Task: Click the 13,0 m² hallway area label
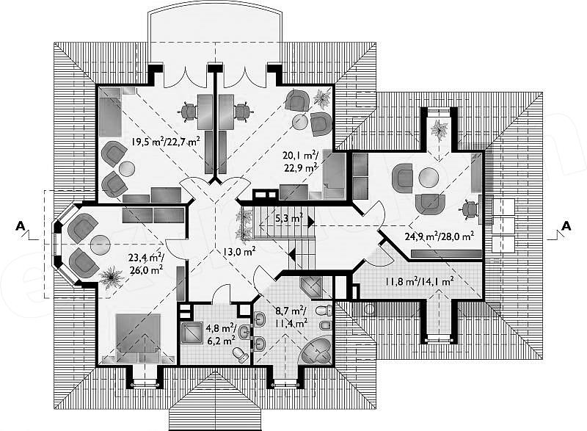pos(239,251)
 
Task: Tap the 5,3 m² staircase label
pos(288,218)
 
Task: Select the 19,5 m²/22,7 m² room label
pos(165,142)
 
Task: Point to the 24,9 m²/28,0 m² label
pos(440,236)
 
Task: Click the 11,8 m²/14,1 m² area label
pos(420,280)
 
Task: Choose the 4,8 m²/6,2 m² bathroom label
pos(221,334)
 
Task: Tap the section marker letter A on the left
pos(21,225)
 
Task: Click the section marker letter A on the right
pos(566,225)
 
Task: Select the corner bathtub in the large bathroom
pos(316,349)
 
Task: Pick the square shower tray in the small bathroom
pos(192,332)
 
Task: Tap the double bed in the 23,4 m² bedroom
pos(139,338)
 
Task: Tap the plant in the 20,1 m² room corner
pos(321,98)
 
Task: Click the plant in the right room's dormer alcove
pos(440,130)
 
